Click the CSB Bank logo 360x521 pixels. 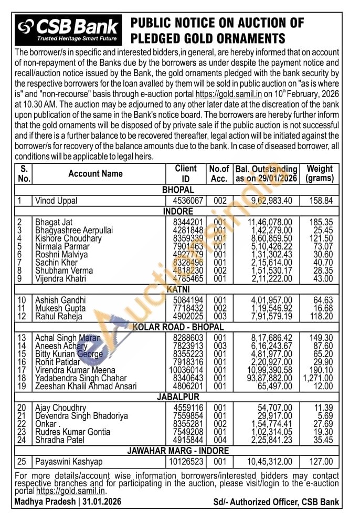pos(69,29)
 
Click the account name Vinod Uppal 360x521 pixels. pos(56,201)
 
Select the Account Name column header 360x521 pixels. pos(96,174)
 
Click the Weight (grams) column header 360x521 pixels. pos(320,173)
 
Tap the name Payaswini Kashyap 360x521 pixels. pos(69,462)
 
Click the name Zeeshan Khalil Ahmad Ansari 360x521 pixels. pos(86,386)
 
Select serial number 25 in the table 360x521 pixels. pos(23,462)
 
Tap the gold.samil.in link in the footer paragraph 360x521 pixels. pos(71,491)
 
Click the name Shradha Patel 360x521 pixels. pos(59,440)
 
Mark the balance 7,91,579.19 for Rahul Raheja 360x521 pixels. pos(269,316)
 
